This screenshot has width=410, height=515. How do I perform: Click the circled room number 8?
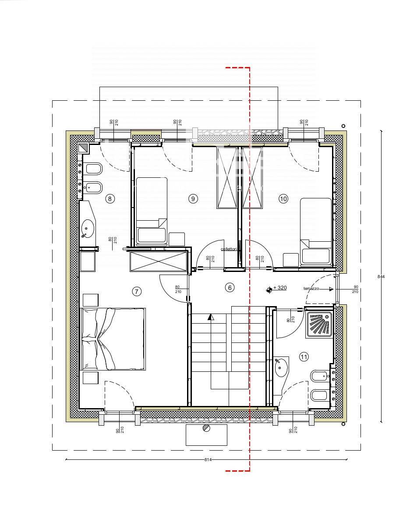[110, 199]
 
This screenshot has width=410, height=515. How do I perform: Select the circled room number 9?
[193, 199]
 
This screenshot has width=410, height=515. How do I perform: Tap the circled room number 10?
[283, 199]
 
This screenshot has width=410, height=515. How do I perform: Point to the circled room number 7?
[137, 291]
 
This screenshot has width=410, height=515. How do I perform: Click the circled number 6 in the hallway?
[229, 288]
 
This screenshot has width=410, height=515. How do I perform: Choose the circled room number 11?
[304, 357]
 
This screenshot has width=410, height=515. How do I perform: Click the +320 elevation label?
[279, 288]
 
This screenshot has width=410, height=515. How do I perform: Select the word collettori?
[229, 249]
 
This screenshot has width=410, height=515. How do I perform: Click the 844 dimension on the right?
[381, 276]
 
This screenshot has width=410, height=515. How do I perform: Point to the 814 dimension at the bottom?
[208, 459]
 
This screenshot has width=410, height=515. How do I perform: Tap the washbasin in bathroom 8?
[88, 228]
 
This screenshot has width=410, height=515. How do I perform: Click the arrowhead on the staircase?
[211, 317]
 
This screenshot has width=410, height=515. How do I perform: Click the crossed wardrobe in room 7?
[159, 262]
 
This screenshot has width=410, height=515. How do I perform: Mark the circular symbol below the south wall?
[206, 429]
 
